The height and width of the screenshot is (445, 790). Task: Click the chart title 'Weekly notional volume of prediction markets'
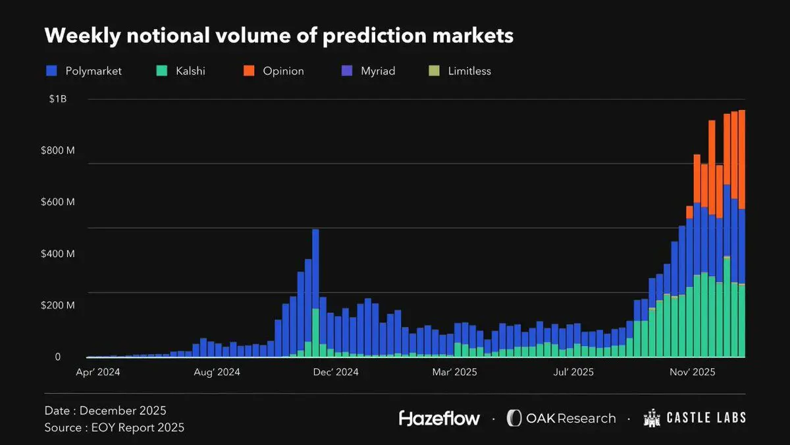[x=278, y=36]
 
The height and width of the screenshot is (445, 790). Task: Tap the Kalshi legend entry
[x=181, y=71]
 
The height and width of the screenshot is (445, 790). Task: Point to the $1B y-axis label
[x=58, y=100]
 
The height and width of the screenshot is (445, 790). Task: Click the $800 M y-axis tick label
[x=58, y=150]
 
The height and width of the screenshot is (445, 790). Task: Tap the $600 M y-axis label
[x=58, y=202]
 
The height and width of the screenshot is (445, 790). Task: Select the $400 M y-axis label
[x=58, y=254]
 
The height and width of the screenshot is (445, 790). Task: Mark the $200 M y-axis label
[x=58, y=305]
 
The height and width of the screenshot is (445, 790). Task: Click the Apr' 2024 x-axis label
[x=108, y=372]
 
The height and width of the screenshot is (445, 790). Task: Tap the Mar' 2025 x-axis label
[x=455, y=372]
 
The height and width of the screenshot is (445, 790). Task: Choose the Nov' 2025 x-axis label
[x=692, y=372]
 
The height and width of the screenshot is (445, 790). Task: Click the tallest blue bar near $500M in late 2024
[x=315, y=270]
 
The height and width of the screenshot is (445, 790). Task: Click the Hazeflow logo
[x=439, y=418]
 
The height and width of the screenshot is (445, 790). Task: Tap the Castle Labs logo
[x=695, y=418]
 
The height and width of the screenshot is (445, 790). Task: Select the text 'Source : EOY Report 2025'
[x=115, y=428]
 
